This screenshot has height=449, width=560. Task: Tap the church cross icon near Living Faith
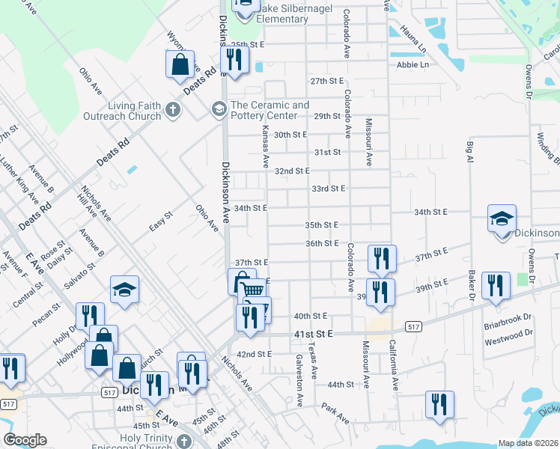[x=173, y=112]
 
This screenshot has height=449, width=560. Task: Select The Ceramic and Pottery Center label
[x=269, y=110]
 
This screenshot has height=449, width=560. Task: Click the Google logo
[x=25, y=440]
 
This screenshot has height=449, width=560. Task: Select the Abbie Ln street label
[x=413, y=65]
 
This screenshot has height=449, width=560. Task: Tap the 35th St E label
[x=322, y=224]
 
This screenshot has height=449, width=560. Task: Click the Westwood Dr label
[x=509, y=332]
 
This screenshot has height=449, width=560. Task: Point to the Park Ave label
[x=336, y=414]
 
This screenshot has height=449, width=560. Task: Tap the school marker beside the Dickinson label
[x=502, y=219]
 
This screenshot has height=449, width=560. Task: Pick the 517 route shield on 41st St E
[x=413, y=326]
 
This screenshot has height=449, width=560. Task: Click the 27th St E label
[x=326, y=81]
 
